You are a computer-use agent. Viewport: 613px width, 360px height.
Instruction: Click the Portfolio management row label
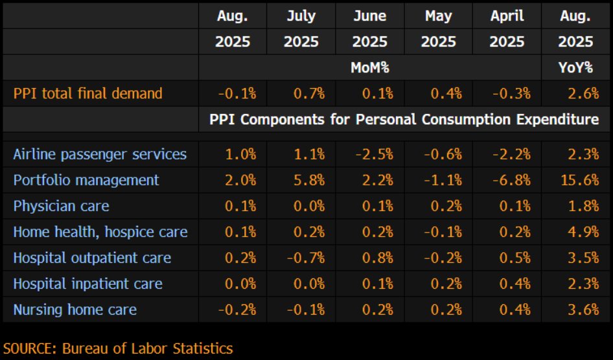coord(86,180)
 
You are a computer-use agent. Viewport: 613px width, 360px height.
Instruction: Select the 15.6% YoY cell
coord(579,180)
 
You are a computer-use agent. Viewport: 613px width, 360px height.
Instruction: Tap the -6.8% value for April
coord(511,180)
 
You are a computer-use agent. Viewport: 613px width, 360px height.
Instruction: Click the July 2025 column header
coord(301,29)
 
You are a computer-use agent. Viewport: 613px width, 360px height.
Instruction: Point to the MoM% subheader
coord(370,67)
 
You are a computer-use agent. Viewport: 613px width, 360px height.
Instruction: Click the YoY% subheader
coord(576,67)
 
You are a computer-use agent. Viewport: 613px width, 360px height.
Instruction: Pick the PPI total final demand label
coord(87,93)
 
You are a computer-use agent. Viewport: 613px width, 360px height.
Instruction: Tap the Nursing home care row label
coord(75,309)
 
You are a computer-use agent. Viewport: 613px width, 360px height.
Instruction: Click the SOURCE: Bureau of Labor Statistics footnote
coord(118,348)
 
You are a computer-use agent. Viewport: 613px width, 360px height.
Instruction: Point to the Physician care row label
coord(62,206)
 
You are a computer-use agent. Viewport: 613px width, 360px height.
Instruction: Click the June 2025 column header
coord(370,29)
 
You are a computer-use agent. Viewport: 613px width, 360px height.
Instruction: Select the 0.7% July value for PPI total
coord(308,93)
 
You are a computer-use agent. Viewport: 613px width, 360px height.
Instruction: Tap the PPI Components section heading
coord(404,120)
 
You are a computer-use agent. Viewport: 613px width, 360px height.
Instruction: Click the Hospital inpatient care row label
coord(88,284)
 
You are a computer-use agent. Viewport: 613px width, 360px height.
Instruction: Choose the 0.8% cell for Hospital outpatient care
coord(377,258)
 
